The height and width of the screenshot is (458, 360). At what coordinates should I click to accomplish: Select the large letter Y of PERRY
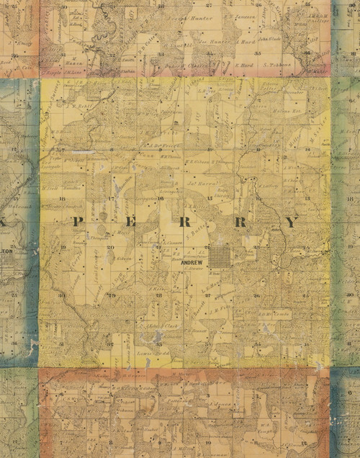tap(290, 223)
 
